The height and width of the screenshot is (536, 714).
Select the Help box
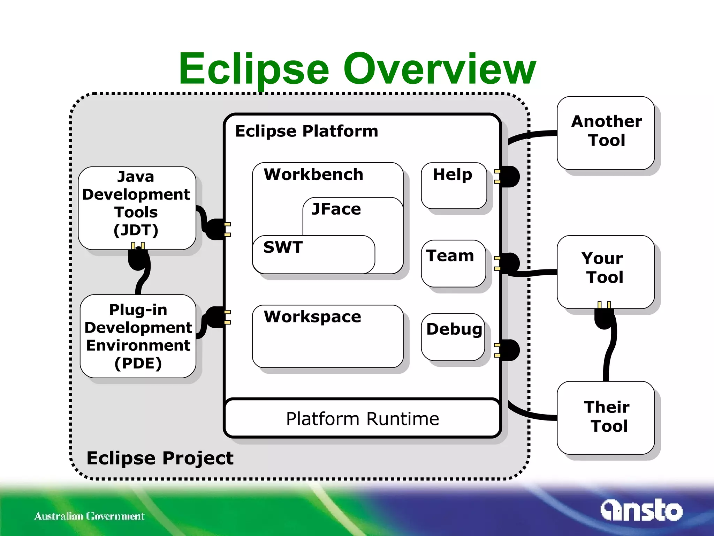click(x=454, y=185)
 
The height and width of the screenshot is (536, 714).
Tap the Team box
click(x=453, y=263)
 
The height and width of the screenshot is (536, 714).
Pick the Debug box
click(x=453, y=337)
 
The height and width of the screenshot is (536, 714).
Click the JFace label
click(x=336, y=209)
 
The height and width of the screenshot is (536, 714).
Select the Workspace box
click(x=327, y=336)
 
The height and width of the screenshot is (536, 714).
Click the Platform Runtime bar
click(x=362, y=418)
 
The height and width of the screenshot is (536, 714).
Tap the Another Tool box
click(x=606, y=133)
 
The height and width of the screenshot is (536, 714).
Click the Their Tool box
click(x=606, y=417)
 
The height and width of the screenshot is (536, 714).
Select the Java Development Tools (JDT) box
click(x=137, y=208)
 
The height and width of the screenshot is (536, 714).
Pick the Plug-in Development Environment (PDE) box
click(x=138, y=336)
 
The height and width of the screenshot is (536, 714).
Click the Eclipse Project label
click(x=160, y=458)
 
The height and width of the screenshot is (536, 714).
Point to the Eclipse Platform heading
click(x=306, y=131)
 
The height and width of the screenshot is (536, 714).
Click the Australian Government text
click(x=89, y=516)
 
